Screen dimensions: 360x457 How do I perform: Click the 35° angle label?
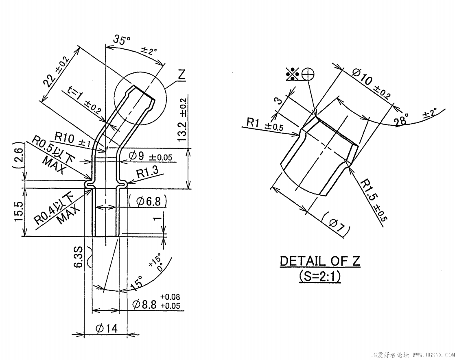click(x=122, y=40)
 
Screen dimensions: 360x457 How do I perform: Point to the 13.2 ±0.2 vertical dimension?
click(x=182, y=120)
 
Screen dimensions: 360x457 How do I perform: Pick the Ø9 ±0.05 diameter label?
click(x=152, y=156)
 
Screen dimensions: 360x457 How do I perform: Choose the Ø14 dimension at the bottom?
click(x=106, y=328)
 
